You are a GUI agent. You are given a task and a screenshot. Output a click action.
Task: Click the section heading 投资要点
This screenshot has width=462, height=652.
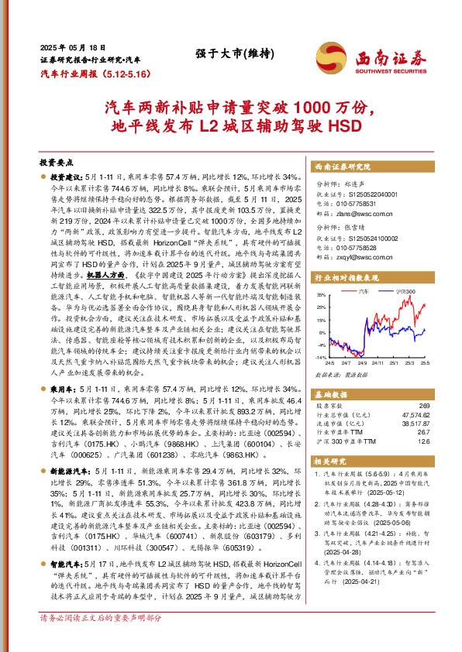click(57, 164)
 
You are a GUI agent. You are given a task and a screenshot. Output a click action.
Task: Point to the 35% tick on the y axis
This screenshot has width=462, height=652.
click(321, 296)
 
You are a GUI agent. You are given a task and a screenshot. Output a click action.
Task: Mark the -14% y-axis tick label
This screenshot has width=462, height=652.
click(320, 357)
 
